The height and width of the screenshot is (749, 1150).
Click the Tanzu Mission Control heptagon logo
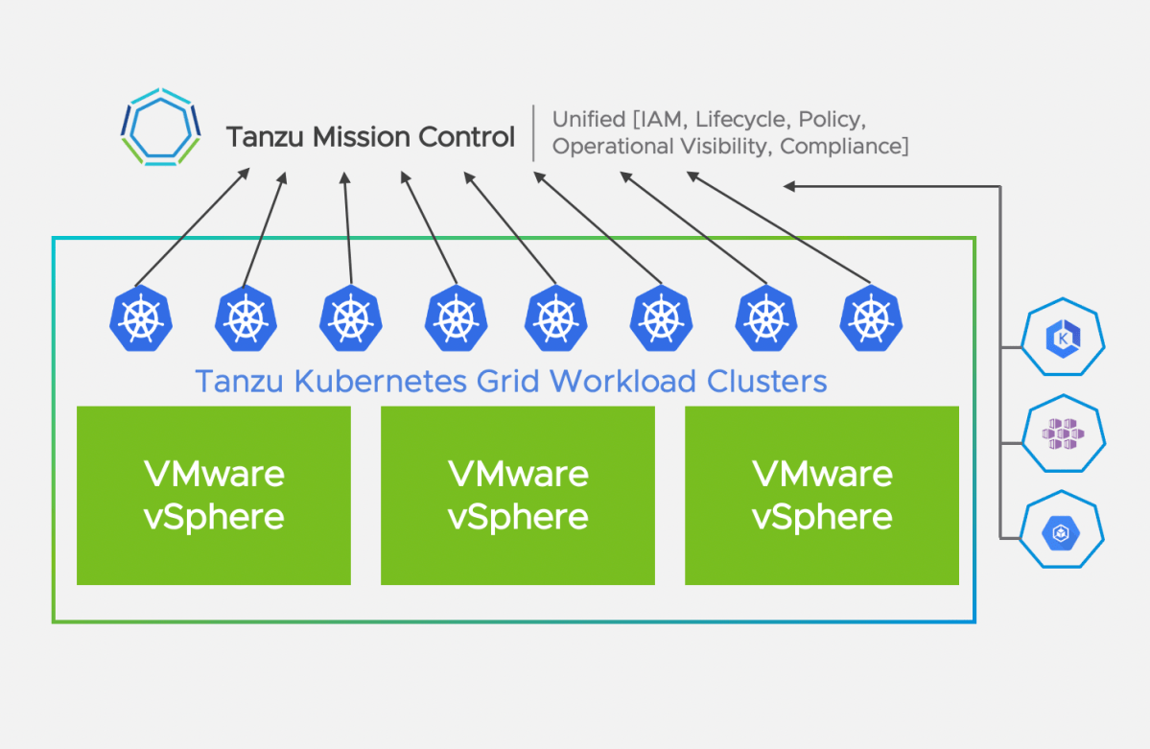click(160, 128)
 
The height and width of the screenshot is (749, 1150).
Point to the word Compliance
click(844, 147)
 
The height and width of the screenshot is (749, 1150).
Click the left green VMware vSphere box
click(214, 495)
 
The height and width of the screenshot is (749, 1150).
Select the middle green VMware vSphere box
click(518, 495)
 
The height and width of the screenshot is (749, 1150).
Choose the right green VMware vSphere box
click(822, 495)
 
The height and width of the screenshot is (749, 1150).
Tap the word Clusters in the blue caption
click(766, 381)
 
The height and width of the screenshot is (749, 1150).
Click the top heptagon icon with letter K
click(1063, 340)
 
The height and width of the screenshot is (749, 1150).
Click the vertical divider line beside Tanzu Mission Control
click(533, 133)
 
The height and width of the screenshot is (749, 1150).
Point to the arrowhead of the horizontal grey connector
click(789, 186)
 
